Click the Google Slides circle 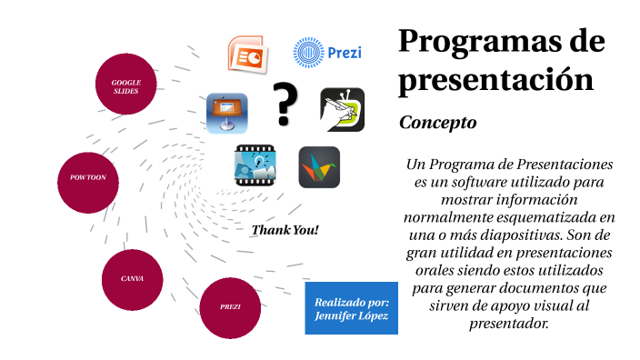[x=125, y=85]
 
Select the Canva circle [x=132, y=278]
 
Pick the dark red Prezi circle [x=230, y=307]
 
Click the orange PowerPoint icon [x=245, y=54]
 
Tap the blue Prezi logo [x=327, y=53]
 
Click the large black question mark [x=286, y=104]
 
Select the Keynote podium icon [x=226, y=114]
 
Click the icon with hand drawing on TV [x=342, y=110]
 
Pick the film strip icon [x=255, y=166]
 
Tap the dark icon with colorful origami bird [x=319, y=166]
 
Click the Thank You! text [x=285, y=230]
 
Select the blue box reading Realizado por [x=351, y=307]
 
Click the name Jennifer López [x=351, y=315]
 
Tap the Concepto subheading [x=438, y=122]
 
